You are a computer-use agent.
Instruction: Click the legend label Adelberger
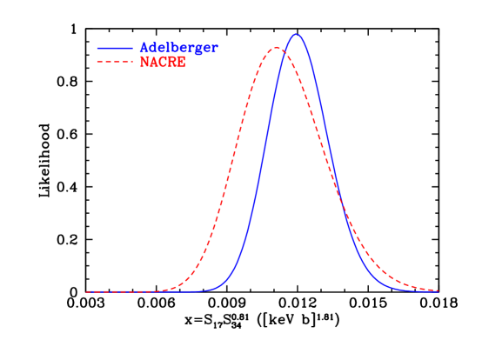coord(178,49)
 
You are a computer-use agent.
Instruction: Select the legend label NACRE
coord(163,63)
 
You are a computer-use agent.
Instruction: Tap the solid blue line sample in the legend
coord(115,49)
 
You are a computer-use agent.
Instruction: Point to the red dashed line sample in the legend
coord(115,63)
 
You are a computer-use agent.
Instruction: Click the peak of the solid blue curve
coord(297,34)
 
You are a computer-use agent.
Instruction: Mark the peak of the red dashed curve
coord(276,47)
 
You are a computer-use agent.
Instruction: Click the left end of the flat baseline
coord(86,292)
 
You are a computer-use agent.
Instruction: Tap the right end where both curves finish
coord(438,291)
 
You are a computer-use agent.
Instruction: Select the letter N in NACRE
coord(144,63)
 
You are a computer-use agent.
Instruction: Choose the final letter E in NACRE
coord(181,63)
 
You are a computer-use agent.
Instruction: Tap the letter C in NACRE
coord(163,63)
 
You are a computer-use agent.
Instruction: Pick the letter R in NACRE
coord(172,63)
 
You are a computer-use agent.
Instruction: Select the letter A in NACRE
coord(154,63)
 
